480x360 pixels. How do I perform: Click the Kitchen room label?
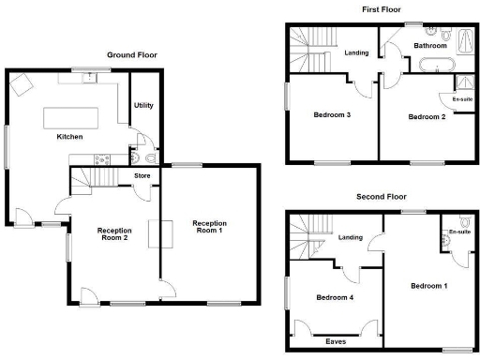(x=69, y=137)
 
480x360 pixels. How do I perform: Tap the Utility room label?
(x=143, y=106)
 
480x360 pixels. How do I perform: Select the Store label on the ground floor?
(x=142, y=174)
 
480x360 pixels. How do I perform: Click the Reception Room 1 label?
(x=208, y=228)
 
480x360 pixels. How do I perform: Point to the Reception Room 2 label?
(x=113, y=235)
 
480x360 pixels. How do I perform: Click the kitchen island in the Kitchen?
(x=72, y=118)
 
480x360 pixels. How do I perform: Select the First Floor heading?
(x=381, y=9)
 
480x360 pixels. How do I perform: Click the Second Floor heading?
(x=381, y=198)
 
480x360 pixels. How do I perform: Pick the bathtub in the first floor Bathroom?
(x=437, y=66)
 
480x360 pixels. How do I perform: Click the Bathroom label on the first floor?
(x=430, y=45)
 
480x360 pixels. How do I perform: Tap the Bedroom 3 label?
(x=333, y=115)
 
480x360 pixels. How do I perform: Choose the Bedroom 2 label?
(x=426, y=117)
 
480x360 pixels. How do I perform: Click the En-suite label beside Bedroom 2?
(x=462, y=98)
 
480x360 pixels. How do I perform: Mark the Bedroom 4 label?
(x=334, y=298)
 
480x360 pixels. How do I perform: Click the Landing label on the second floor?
(x=351, y=237)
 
